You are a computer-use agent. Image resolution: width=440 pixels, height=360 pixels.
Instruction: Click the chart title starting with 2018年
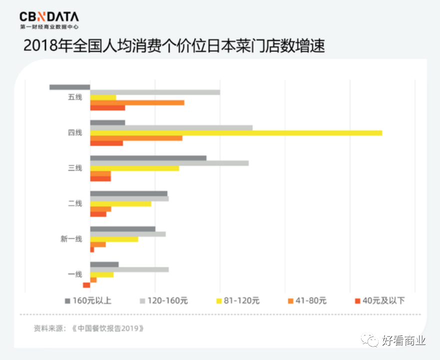click(174, 46)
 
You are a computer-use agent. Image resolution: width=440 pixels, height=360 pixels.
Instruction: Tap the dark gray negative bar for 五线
click(69, 87)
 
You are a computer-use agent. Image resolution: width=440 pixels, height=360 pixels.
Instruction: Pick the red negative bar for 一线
click(86, 285)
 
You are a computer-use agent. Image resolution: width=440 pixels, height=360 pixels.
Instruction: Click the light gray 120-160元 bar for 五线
click(155, 92)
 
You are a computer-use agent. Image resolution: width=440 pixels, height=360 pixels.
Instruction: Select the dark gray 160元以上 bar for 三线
click(148, 158)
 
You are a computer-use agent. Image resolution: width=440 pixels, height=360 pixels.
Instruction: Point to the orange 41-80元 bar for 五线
click(137, 102)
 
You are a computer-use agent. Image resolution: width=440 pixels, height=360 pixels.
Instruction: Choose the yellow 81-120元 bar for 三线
click(134, 168)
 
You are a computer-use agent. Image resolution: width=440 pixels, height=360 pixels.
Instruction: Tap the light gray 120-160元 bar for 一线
click(129, 269)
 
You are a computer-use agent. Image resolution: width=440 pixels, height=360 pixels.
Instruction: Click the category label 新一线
click(71, 239)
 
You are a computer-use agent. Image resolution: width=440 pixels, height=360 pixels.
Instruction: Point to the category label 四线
click(75, 133)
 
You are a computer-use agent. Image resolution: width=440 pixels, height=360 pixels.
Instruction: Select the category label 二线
click(75, 203)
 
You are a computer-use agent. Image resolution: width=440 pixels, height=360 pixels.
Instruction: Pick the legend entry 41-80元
click(307, 300)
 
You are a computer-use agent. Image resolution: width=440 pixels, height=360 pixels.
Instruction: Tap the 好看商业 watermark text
click(404, 341)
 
